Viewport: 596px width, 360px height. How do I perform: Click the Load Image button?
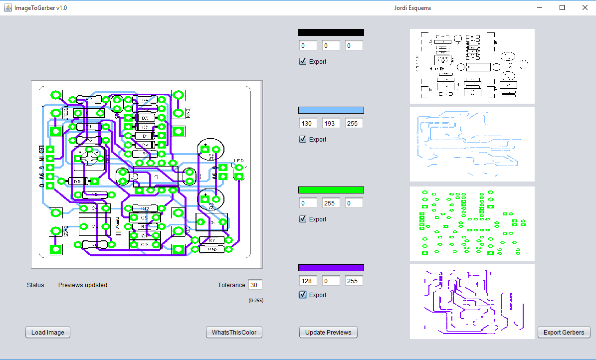48,333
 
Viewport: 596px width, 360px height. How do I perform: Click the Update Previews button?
328,333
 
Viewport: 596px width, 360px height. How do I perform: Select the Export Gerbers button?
564,333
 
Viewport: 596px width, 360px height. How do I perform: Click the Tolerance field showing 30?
255,285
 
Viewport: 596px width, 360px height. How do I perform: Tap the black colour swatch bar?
331,32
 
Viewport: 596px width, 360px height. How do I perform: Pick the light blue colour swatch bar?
331,110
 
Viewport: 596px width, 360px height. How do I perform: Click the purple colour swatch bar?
331,268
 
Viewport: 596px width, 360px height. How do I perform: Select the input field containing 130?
308,123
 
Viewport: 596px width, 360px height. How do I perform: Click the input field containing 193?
331,123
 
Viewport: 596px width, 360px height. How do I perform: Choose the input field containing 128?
308,281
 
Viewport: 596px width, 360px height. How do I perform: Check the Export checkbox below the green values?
303,219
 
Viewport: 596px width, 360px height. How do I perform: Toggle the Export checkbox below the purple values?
303,295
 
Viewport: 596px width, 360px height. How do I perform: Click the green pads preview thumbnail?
472,224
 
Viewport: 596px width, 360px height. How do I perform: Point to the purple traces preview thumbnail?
472,302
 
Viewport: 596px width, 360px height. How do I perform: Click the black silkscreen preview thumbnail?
472,66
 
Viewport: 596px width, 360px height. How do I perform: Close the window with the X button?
585,7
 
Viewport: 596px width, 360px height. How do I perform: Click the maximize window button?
562,7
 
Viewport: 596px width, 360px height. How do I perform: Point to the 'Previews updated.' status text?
83,285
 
